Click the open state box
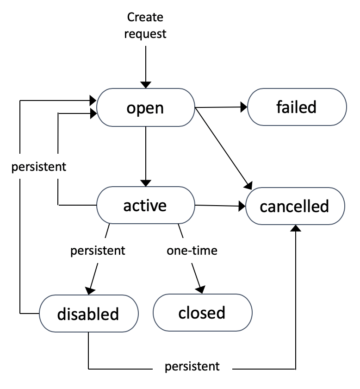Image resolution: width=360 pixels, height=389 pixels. tap(145, 107)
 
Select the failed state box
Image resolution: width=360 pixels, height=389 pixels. tap(297, 107)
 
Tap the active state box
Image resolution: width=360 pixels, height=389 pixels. tap(145, 205)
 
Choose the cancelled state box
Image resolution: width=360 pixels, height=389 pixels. tap(294, 206)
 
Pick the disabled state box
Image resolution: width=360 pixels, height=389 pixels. tap(88, 314)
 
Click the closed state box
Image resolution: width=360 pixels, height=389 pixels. tap(202, 313)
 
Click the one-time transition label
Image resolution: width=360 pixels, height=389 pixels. tap(192, 251)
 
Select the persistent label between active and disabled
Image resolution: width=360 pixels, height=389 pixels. tap(98, 251)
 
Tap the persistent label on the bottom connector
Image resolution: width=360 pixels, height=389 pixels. tap(192, 367)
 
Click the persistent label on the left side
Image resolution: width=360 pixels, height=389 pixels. tap(39, 167)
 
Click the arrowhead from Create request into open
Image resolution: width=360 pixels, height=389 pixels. tap(146, 84)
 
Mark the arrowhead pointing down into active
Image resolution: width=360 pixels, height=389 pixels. tap(146, 182)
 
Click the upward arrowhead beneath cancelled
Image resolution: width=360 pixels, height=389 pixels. tap(295, 229)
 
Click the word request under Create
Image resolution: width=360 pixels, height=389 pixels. tap(146, 33)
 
